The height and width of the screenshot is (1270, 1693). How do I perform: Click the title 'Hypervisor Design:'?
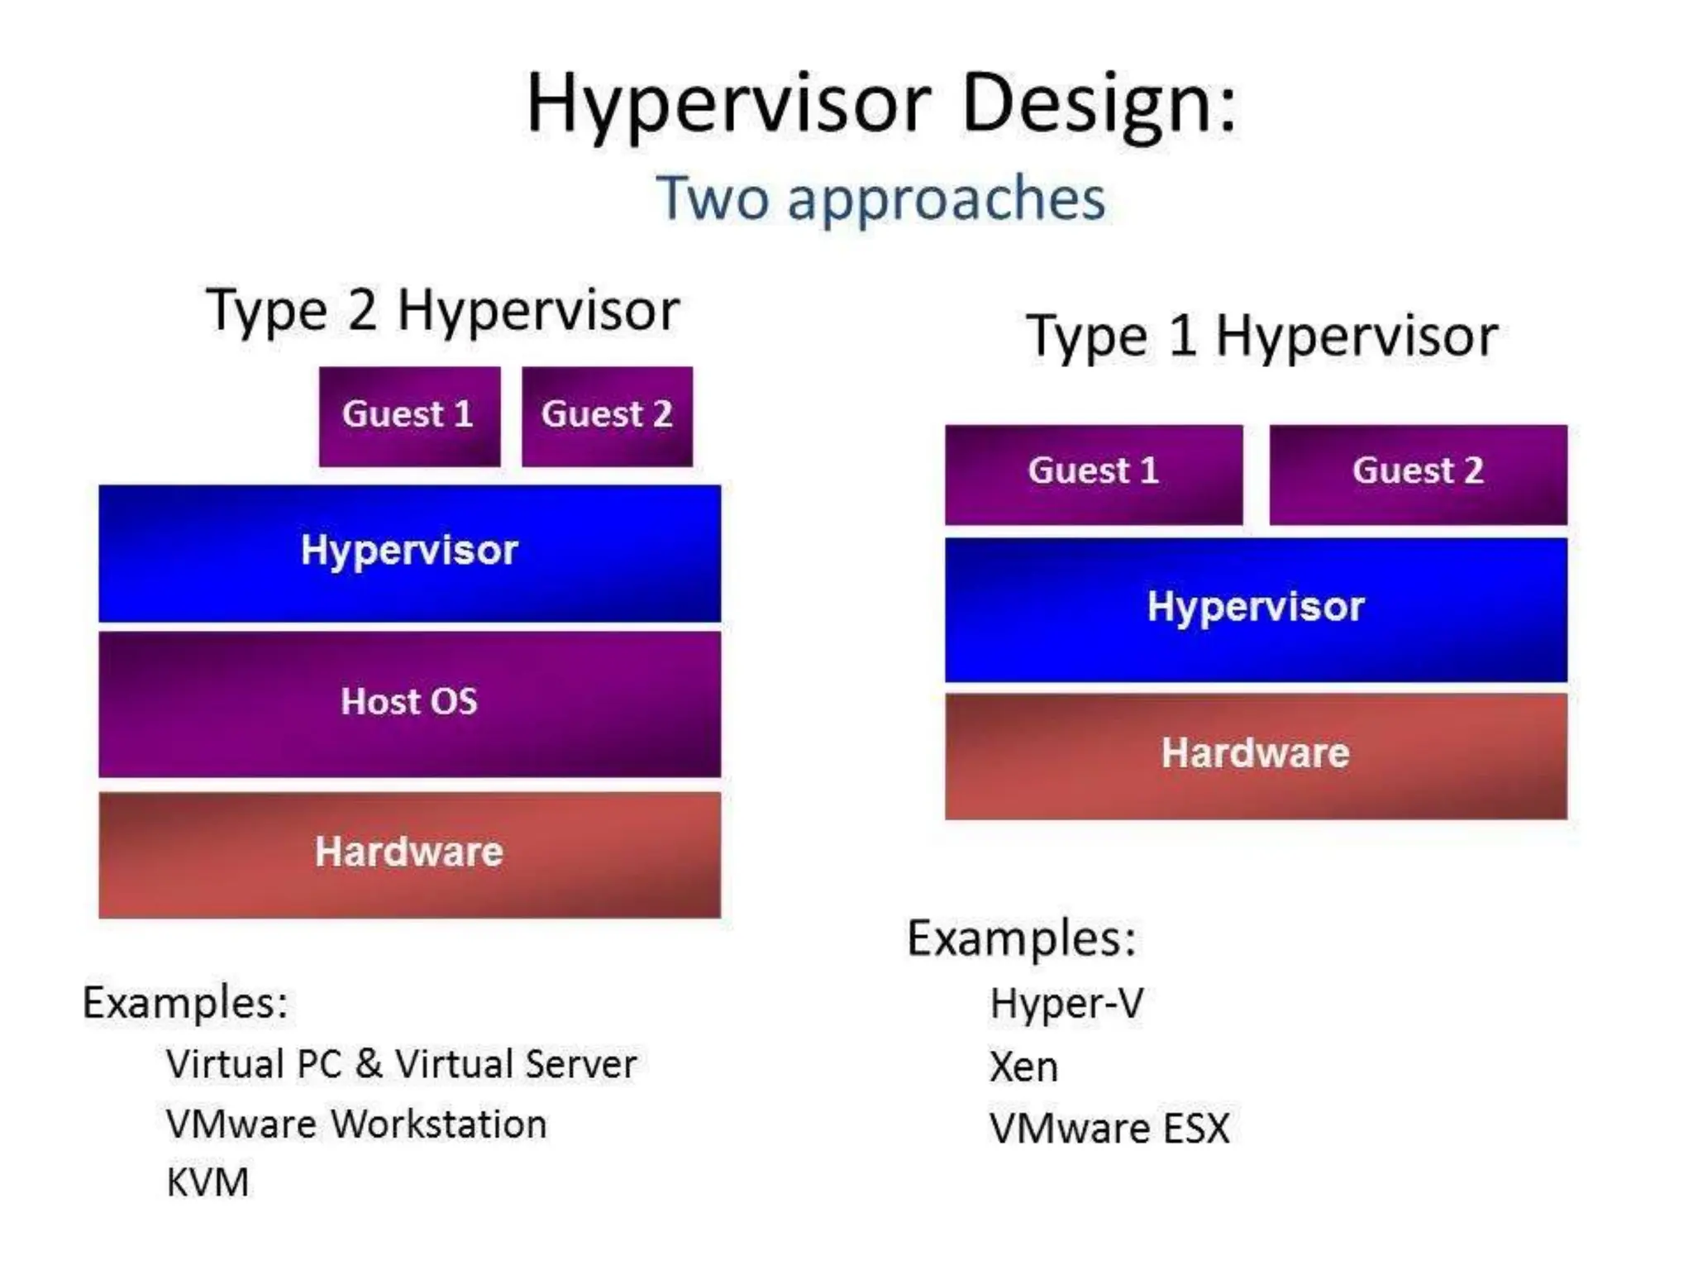[x=881, y=103]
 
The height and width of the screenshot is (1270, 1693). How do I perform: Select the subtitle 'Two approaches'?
[x=881, y=198]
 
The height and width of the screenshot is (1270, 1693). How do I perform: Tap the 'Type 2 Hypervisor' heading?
[x=442, y=311]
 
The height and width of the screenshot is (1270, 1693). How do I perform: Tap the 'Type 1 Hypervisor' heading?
[x=1261, y=337]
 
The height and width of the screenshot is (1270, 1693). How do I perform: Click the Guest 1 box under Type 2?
[x=409, y=416]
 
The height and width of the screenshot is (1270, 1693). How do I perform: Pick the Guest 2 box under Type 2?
[x=607, y=416]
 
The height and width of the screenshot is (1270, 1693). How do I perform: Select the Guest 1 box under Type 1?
[x=1093, y=473]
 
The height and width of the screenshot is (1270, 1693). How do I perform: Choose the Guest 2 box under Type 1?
[x=1417, y=473]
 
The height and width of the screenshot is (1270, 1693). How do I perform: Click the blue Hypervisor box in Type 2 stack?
[x=409, y=552]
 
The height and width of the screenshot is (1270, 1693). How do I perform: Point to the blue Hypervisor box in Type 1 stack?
[x=1255, y=609]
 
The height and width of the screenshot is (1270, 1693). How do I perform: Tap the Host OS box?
[x=409, y=703]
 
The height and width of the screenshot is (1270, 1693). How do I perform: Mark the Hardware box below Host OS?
[x=409, y=853]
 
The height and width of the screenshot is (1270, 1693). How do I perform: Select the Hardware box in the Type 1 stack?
[x=1255, y=754]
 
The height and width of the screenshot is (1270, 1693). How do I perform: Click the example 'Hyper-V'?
[x=1066, y=1004]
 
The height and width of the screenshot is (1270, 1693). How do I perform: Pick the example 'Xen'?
[x=1023, y=1067]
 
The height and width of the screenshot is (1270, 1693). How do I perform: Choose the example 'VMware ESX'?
[x=1109, y=1129]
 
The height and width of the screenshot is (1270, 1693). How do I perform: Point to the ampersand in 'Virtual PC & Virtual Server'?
[x=369, y=1064]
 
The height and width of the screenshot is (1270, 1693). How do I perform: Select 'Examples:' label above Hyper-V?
[x=1022, y=939]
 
